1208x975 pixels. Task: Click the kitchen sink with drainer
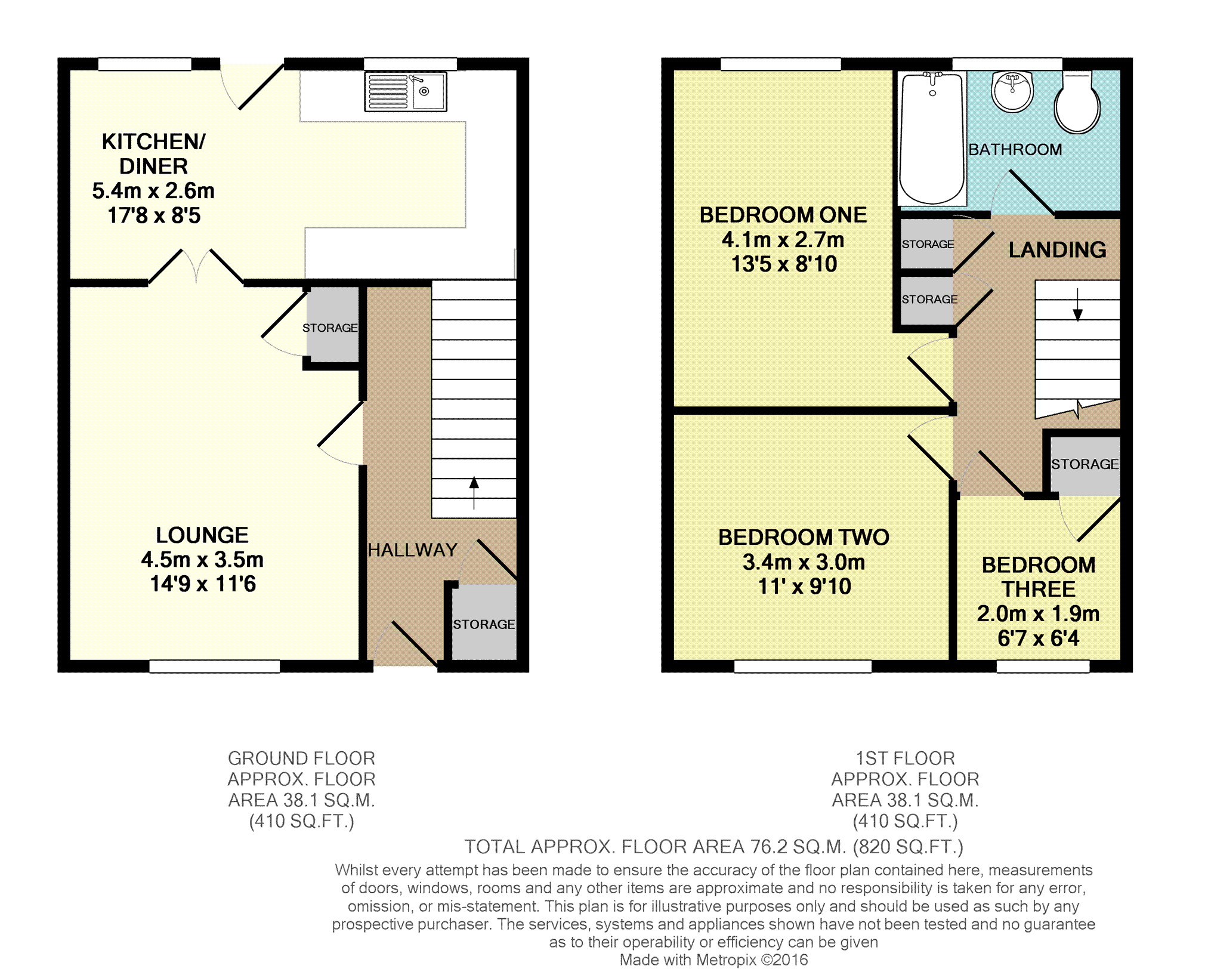(x=406, y=92)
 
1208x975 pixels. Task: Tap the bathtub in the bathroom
(x=932, y=138)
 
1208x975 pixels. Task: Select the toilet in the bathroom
(x=1077, y=103)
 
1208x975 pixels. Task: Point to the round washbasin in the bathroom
(x=1012, y=91)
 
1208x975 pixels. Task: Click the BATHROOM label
(x=1015, y=149)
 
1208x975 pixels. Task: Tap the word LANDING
(x=1057, y=249)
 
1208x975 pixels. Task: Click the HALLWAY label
(x=412, y=550)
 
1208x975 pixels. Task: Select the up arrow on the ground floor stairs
(x=474, y=492)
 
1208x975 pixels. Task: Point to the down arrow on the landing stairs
(x=1077, y=305)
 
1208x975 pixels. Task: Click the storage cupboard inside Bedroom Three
(x=1085, y=465)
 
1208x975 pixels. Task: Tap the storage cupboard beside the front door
(x=484, y=622)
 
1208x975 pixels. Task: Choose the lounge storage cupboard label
(x=330, y=328)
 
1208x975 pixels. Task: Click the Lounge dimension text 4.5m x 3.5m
(x=202, y=560)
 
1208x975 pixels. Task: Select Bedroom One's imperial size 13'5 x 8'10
(x=784, y=264)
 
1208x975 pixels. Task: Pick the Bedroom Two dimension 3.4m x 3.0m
(x=804, y=562)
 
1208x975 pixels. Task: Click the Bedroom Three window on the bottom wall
(x=1043, y=667)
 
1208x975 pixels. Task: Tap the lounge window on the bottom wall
(x=214, y=667)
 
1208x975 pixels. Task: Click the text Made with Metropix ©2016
(x=713, y=960)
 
